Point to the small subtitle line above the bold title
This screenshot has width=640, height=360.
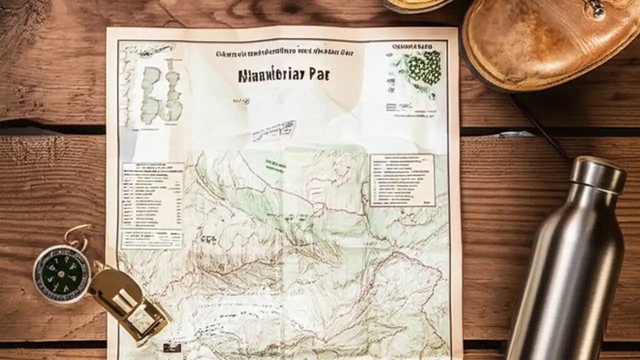[284, 52]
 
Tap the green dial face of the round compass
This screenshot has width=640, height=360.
[61, 273]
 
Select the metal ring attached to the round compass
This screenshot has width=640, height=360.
[77, 235]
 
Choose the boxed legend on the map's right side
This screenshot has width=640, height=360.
[402, 180]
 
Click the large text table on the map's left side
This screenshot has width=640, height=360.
[152, 195]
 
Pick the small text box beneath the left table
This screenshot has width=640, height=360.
[151, 239]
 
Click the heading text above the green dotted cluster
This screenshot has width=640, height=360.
[412, 46]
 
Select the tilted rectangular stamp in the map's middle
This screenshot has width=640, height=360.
[273, 131]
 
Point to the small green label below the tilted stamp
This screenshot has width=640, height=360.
[275, 163]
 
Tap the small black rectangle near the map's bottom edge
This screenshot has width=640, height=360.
[171, 347]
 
